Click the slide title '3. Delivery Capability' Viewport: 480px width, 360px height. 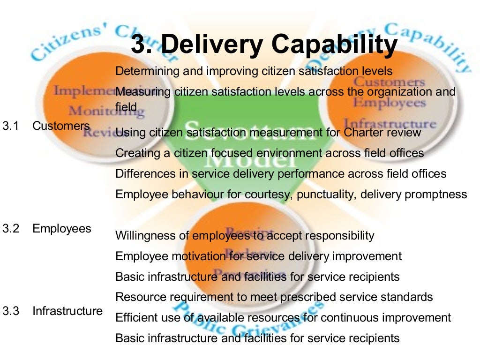tap(264, 45)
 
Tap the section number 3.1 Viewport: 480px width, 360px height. tap(10, 126)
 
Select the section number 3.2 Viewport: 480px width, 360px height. tap(10, 229)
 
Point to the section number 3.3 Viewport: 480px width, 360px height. tap(10, 311)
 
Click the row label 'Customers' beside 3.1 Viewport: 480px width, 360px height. tap(61, 126)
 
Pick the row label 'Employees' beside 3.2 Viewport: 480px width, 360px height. tap(62, 229)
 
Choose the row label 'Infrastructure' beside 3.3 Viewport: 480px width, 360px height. tap(67, 311)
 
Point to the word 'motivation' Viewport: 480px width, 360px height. tap(197, 256)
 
